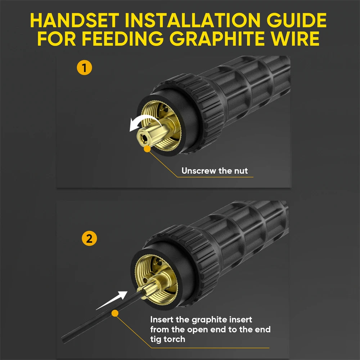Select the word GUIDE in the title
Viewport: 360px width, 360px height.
(296, 20)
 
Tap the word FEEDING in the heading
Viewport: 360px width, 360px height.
(123, 39)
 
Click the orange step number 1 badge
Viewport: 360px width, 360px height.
(84, 68)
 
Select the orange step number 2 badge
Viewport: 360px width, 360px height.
(89, 238)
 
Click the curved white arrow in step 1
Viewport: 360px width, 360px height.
(144, 120)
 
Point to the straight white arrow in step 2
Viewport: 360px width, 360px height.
(112, 300)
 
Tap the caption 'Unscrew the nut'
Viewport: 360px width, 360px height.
(215, 171)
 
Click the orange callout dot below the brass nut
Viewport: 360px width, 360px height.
(147, 149)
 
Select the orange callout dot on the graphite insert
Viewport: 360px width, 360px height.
(115, 314)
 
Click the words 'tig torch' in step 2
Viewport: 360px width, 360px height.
(168, 339)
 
